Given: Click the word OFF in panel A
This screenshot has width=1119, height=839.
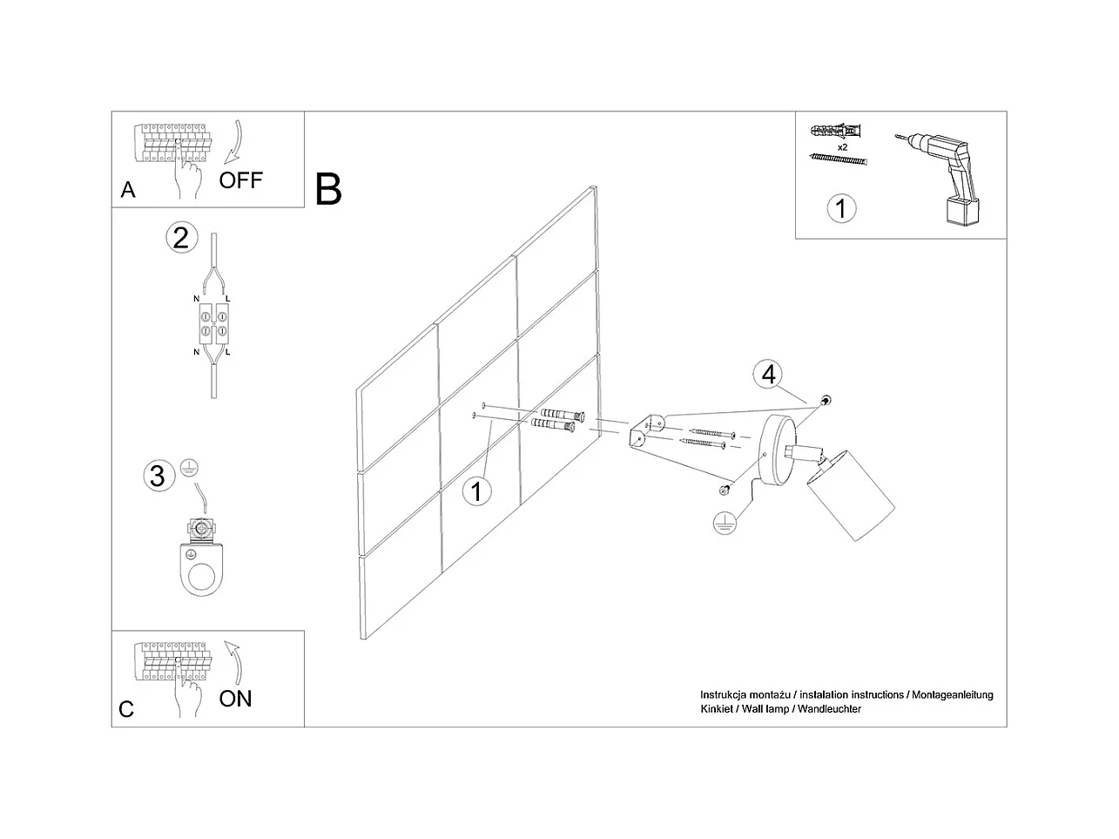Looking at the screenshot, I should click(240, 180).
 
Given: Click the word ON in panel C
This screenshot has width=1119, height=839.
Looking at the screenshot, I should click(235, 698).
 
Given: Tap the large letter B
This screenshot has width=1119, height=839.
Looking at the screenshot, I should click(328, 189).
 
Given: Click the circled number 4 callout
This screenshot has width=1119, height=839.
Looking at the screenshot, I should click(767, 375).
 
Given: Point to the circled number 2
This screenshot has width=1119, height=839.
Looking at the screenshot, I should click(181, 237).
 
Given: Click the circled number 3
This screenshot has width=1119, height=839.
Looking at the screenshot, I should click(158, 476).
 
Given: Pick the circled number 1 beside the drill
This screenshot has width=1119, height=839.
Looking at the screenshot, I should click(840, 208).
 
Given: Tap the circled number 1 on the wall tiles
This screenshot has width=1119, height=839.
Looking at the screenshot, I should click(475, 491).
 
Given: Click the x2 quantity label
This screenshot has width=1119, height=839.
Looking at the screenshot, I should click(842, 147).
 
